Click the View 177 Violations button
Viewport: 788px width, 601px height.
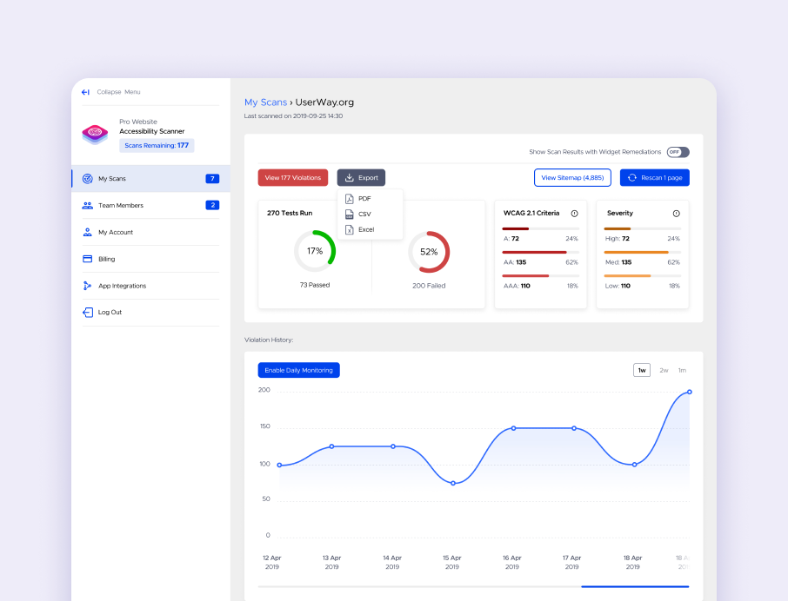pos(293,178)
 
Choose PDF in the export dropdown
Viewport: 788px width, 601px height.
pos(364,199)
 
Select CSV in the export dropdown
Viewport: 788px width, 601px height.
pos(364,214)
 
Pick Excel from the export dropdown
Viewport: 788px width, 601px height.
pos(365,229)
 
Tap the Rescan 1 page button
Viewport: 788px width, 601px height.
pos(654,178)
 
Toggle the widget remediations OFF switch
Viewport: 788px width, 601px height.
pos(678,152)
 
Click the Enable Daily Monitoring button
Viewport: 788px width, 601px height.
pos(298,370)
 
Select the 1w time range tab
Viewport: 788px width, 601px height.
pos(642,370)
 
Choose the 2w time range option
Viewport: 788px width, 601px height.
pos(664,370)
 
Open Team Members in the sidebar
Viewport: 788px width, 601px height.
pos(121,206)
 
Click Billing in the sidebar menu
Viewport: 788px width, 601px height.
pos(106,259)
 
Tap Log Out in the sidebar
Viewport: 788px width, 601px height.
pos(110,312)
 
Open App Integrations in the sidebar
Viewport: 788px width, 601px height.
pos(122,286)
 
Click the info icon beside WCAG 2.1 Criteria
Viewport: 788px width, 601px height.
pos(574,214)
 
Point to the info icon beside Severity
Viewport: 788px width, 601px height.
pos(676,214)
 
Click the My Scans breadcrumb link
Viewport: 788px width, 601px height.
pos(265,102)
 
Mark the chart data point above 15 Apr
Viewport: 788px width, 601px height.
pos(452,483)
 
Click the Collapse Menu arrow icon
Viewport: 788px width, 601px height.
pos(85,92)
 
